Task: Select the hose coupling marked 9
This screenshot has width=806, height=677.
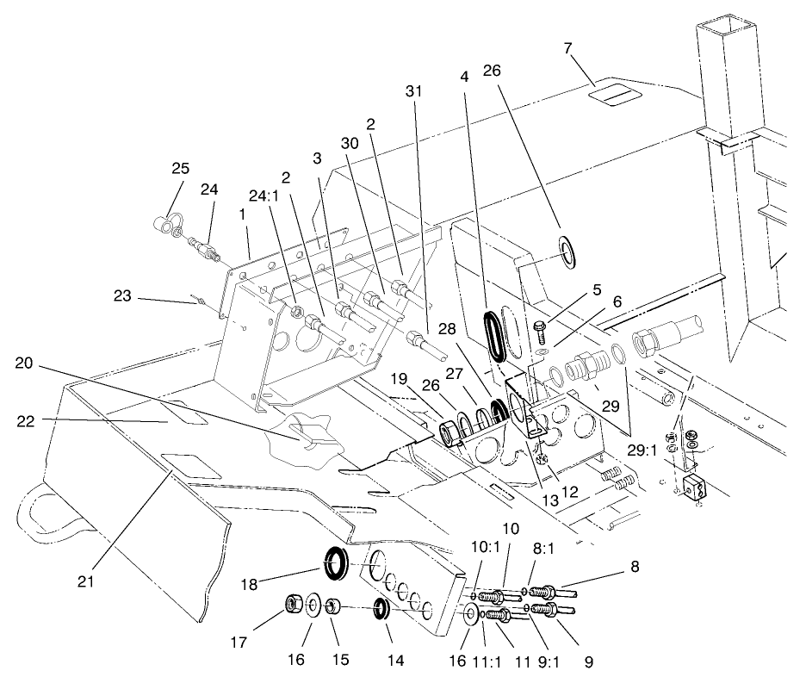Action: click(548, 611)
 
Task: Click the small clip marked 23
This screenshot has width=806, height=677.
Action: click(198, 301)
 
